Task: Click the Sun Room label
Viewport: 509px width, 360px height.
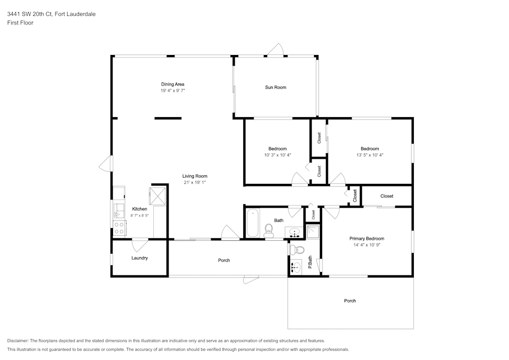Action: point(275,87)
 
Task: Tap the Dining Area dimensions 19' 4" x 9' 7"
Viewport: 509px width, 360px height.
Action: point(173,91)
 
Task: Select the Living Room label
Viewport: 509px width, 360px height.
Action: point(195,176)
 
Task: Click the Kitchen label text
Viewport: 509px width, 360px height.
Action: point(139,209)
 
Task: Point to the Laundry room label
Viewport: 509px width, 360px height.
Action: point(139,258)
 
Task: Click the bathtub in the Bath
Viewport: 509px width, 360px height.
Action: point(252,223)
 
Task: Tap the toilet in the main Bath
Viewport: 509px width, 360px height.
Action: point(268,231)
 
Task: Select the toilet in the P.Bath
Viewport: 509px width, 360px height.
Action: point(297,250)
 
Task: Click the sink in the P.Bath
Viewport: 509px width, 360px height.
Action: point(296,267)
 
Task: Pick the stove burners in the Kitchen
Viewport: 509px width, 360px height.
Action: point(119,228)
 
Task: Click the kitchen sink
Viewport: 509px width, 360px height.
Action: point(119,211)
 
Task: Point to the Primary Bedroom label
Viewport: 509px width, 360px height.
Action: point(367,238)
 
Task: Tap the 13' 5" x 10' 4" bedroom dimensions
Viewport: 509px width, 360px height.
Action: point(370,155)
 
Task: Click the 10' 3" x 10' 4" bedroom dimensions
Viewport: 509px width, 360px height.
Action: point(277,155)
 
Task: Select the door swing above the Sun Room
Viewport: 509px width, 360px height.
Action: point(275,50)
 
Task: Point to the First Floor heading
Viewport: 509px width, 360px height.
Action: point(20,23)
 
